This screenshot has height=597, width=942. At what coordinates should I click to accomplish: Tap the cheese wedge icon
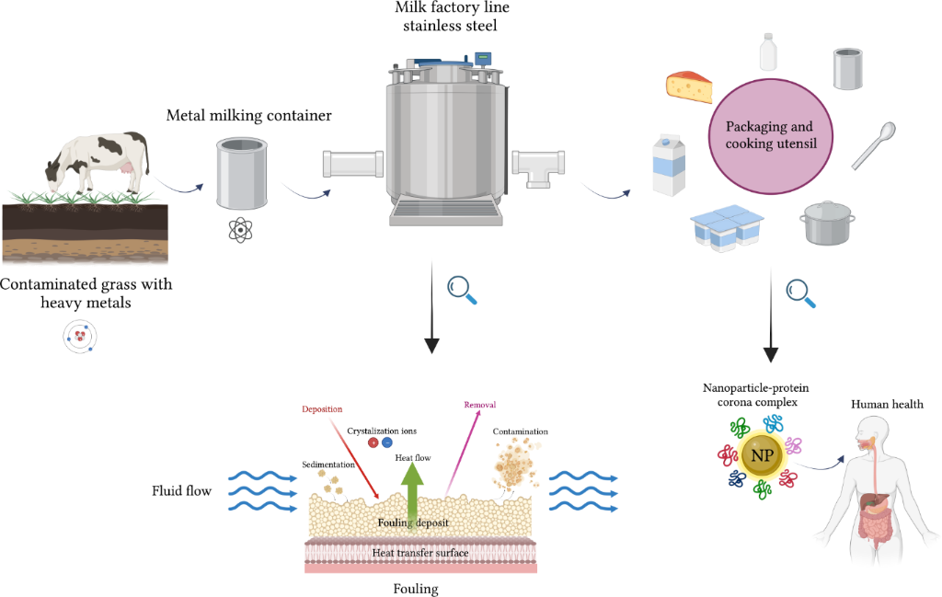690,86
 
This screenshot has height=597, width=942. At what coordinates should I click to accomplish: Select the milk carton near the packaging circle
670,166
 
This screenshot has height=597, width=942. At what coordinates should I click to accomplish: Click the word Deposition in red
321,408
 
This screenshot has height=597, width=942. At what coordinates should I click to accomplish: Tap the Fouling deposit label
413,523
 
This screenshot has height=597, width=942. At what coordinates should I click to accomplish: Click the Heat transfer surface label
419,553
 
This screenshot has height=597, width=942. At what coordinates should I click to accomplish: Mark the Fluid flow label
181,491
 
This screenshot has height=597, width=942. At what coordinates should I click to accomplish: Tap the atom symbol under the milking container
240,229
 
